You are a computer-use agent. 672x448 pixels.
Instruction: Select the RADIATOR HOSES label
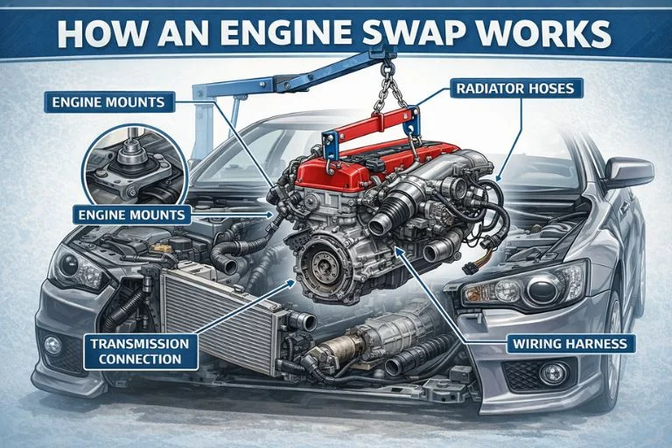click(x=514, y=87)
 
